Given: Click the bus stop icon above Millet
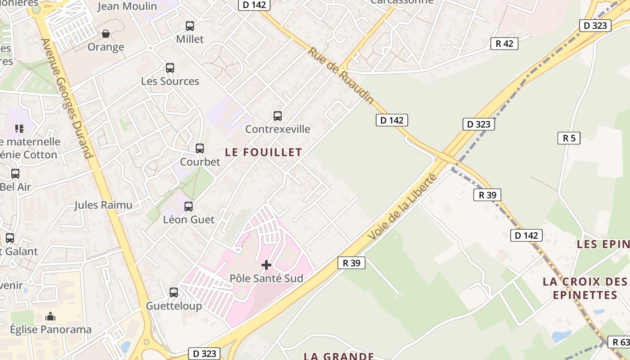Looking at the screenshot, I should (190, 26).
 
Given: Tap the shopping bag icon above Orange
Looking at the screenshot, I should (106, 34).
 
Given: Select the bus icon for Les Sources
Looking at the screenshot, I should (170, 68).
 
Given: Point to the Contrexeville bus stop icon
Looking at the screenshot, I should (278, 116).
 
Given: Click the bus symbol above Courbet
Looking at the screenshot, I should (200, 148).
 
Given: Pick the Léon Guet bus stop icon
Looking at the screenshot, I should (189, 207).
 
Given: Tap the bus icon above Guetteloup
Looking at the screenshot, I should (174, 292).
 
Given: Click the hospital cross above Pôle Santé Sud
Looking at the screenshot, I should (266, 265).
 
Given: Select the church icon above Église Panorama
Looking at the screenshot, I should (50, 316).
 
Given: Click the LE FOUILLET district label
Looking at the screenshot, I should (263, 153).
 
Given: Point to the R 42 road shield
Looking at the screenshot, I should (504, 44).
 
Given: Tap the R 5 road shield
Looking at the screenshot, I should (569, 138).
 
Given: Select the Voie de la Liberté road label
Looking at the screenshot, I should (402, 207).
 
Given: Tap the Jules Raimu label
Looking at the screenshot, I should (103, 205).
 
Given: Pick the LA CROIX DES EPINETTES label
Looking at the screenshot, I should (585, 288).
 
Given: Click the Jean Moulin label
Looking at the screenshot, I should (127, 6).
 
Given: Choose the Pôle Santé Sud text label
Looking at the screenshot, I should (266, 279).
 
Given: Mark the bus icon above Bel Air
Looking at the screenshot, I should (15, 173).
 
